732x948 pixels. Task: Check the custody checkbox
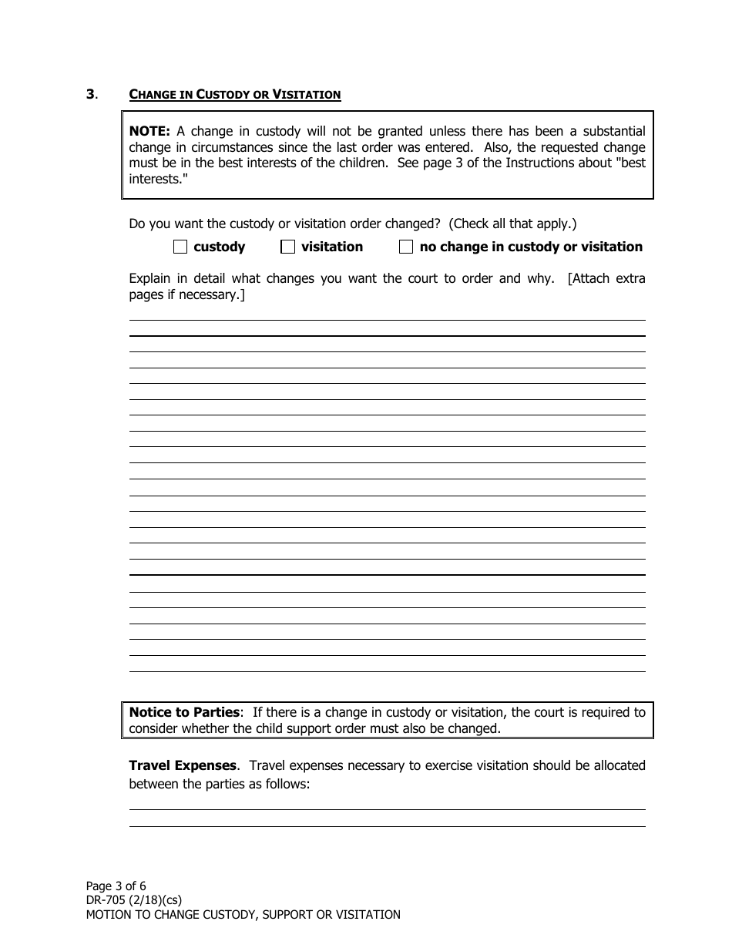tap(180, 247)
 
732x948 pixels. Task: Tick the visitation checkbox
tap(288, 247)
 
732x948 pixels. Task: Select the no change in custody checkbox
tap(406, 247)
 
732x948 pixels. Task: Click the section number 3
tap(91, 95)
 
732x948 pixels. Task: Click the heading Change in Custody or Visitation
tap(234, 95)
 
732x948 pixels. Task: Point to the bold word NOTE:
tap(149, 131)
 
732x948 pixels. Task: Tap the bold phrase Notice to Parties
tap(184, 712)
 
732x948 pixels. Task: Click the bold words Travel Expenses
tap(183, 765)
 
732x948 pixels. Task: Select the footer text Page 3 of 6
tap(116, 886)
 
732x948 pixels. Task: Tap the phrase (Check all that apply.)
tap(512, 224)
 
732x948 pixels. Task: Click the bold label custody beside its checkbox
tap(219, 247)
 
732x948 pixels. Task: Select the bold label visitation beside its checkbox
tap(331, 247)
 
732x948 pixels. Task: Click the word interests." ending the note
tap(159, 180)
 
